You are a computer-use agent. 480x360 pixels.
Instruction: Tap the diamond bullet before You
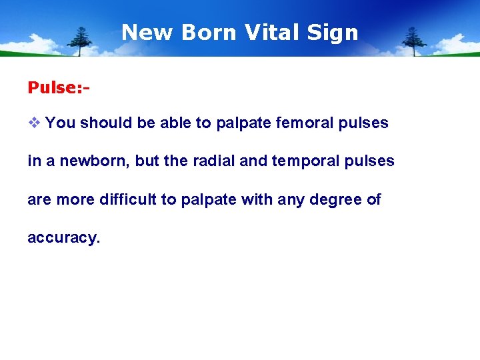[34, 123]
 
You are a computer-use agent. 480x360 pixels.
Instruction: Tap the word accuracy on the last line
[63, 238]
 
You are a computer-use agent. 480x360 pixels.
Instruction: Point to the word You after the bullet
[61, 123]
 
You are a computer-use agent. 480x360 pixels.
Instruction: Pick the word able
[172, 123]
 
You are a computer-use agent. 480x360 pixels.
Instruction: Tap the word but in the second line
[147, 161]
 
